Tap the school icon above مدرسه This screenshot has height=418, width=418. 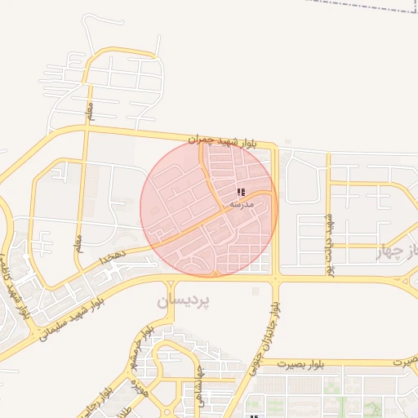[x=240, y=192]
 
